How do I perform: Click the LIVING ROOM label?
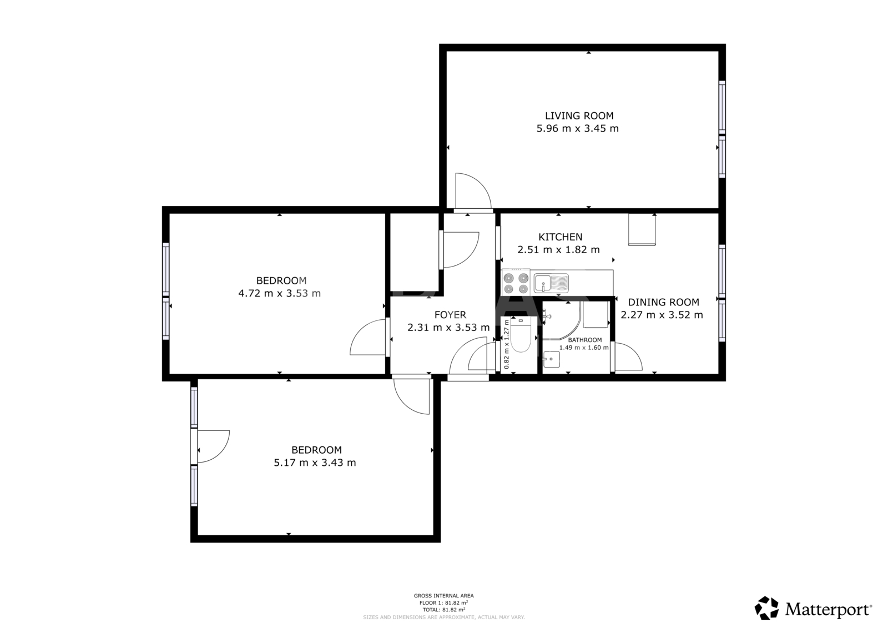579,116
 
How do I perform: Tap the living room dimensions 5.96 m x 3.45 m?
578,128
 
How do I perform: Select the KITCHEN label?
560,237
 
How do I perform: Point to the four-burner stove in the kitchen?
516,283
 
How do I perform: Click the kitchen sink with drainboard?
551,283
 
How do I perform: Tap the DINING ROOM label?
664,302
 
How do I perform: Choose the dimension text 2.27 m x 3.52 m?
662,315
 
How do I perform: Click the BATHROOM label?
585,340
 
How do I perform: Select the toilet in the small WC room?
521,335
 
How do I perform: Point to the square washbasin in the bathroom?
552,359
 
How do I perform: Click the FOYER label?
450,315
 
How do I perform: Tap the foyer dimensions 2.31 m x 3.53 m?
448,328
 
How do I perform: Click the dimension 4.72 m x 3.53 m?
279,294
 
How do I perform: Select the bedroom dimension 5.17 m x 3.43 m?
315,463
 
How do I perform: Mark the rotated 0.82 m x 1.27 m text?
506,344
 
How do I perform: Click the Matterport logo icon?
766,608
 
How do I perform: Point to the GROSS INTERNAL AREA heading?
443,595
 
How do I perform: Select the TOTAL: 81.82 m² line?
444,609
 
